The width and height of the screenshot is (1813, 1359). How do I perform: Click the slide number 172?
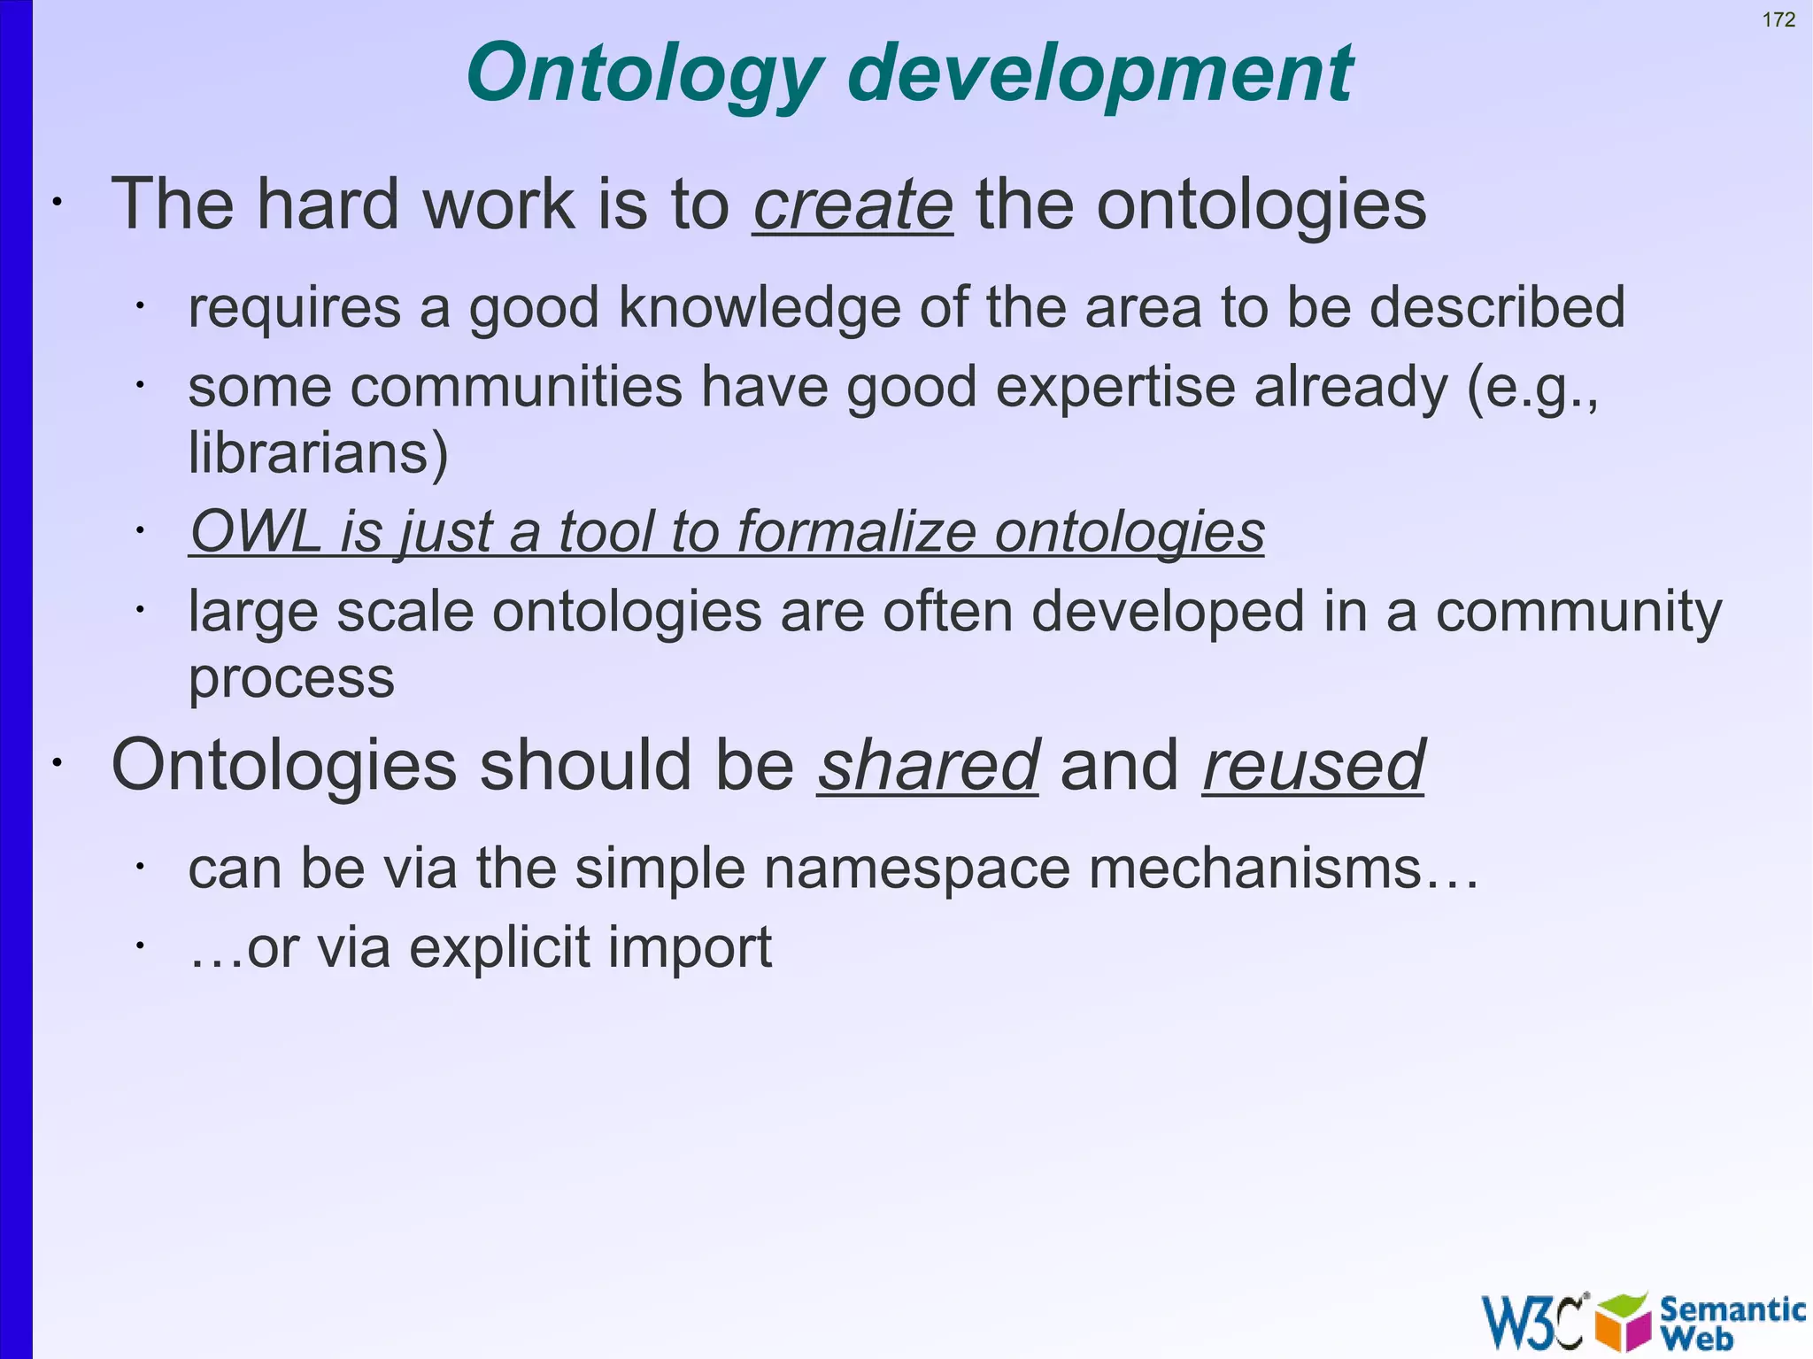[1778, 19]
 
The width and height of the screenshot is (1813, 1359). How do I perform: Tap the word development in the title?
[1099, 74]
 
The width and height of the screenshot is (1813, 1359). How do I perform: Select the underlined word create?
[852, 205]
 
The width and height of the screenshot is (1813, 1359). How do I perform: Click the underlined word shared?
[927, 766]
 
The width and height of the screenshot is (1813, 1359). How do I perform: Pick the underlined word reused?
[1313, 766]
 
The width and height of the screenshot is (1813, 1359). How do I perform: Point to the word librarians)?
[319, 454]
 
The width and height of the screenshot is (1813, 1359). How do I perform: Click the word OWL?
[256, 532]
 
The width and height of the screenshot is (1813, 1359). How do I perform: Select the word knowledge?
[760, 308]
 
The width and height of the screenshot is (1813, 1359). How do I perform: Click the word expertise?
[1115, 388]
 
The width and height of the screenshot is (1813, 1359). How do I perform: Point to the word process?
[291, 679]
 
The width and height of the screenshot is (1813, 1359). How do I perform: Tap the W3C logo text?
[1533, 1322]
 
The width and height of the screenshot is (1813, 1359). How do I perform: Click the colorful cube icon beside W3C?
[1622, 1322]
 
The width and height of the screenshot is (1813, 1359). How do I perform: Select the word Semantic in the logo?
[1732, 1309]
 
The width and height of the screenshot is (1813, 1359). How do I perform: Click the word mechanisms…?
[1283, 869]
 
